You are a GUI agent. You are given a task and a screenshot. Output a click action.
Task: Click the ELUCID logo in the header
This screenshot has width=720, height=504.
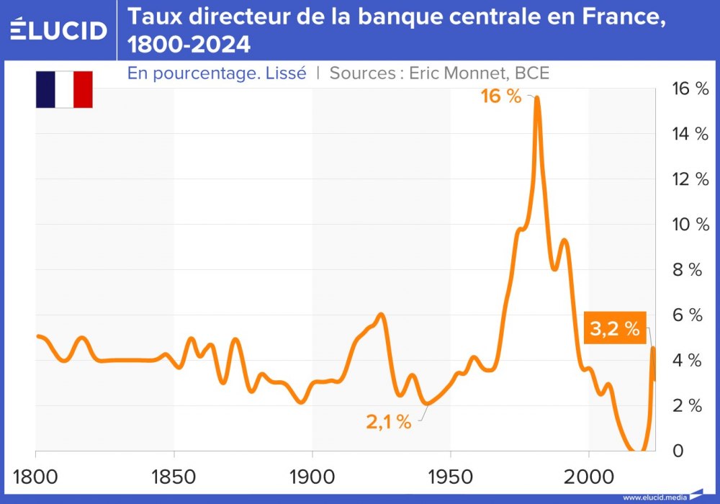point(59,30)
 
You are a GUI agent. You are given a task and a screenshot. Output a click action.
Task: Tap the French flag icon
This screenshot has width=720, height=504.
point(64,89)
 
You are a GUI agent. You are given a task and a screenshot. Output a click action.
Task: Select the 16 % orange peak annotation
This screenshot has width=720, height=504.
point(501,96)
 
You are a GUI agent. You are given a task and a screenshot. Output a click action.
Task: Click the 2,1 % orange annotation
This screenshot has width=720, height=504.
point(389,422)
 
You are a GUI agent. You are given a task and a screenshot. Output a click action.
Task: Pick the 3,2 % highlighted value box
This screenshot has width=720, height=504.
point(615,329)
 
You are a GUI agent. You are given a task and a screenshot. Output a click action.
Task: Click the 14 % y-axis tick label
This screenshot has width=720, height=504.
point(689,133)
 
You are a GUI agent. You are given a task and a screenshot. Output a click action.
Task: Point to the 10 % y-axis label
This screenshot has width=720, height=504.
point(689,224)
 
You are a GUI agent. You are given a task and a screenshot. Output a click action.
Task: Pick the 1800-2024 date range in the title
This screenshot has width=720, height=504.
point(189,45)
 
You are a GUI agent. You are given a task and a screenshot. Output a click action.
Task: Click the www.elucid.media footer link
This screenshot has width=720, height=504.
point(654,497)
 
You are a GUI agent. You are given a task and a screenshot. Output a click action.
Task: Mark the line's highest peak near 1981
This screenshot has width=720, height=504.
point(537,98)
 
